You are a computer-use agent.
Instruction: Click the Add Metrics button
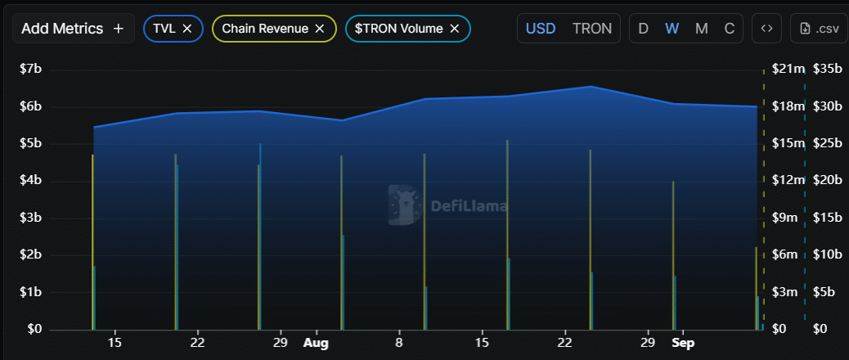click(73, 29)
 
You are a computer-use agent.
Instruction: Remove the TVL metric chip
click(186, 29)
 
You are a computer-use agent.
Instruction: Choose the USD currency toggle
click(540, 29)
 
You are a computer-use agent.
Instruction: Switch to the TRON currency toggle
click(591, 29)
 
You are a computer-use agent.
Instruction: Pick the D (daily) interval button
click(643, 29)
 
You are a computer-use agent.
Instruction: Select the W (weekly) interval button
click(672, 29)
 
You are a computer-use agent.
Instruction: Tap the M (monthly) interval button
click(701, 29)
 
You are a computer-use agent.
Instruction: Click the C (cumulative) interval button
click(730, 29)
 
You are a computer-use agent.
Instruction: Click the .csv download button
click(819, 29)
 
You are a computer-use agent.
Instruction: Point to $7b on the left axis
click(31, 69)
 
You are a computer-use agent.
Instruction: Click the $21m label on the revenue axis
click(788, 69)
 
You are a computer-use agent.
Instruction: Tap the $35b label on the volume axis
click(827, 69)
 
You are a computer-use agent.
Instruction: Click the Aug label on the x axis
click(316, 343)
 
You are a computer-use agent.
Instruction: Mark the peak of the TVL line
click(591, 86)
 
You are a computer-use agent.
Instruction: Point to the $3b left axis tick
click(31, 218)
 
